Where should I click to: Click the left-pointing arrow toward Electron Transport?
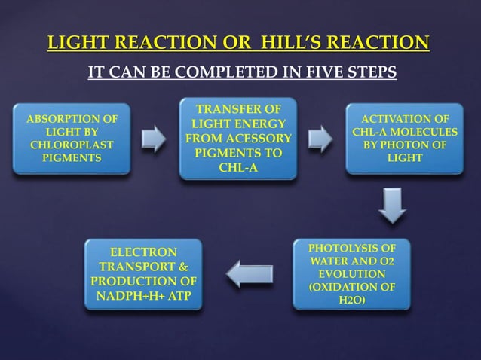click(246, 274)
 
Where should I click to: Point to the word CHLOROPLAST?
click(72, 145)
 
